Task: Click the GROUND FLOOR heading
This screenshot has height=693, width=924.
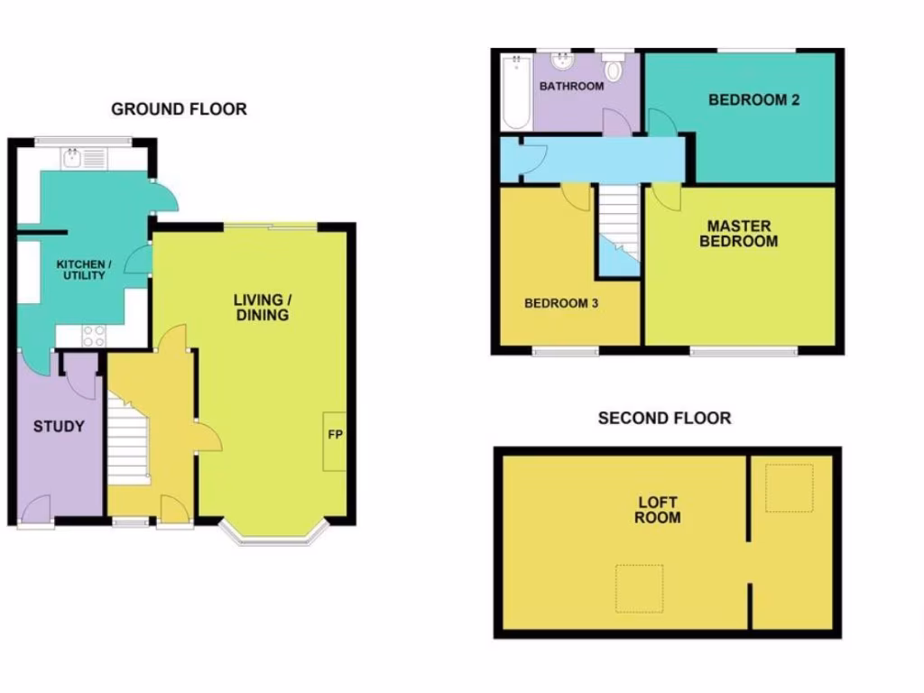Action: coord(179,109)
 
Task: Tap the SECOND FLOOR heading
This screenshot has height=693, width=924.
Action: coord(664,418)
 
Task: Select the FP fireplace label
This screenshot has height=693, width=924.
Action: coord(334,434)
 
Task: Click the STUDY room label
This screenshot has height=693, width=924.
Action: coord(59,426)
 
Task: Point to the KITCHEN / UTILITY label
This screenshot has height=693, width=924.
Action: coord(84,269)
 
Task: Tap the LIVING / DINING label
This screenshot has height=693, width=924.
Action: coord(262,307)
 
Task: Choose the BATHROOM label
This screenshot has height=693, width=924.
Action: coord(571,87)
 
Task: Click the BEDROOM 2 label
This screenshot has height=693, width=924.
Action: coord(753,100)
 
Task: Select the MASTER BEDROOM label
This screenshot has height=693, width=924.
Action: coord(743,233)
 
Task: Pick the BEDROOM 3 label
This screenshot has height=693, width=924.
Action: coord(561,303)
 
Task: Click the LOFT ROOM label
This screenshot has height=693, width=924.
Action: coord(657,510)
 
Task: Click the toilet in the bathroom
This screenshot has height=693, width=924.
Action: coord(615,68)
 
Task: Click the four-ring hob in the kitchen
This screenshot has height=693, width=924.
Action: coord(95,335)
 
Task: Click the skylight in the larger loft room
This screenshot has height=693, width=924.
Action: coord(639,589)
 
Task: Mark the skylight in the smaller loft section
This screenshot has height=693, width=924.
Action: coord(789,488)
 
